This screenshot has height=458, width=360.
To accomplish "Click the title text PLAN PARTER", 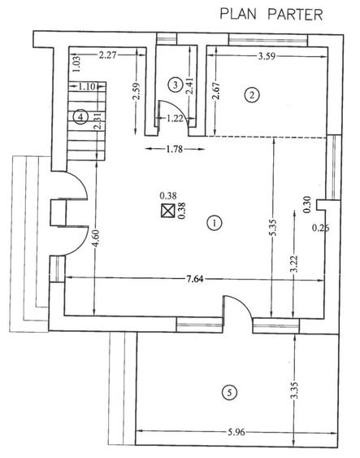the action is [x=271, y=15].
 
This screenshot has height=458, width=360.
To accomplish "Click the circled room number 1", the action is [x=215, y=223].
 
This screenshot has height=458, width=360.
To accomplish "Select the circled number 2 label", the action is [x=252, y=95].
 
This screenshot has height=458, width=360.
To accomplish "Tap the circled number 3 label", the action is [x=176, y=85].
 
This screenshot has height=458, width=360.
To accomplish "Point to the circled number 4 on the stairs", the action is [x=80, y=117].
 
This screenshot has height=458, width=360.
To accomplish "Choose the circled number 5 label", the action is [x=229, y=392].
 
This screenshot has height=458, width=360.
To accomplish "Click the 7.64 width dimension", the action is [x=195, y=279].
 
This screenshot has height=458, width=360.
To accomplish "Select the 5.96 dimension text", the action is [x=236, y=432].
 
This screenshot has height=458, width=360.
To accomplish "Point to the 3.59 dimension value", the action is [x=267, y=56].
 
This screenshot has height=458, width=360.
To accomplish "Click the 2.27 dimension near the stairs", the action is [x=107, y=55].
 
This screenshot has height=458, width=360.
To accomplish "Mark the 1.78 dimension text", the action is [x=174, y=149].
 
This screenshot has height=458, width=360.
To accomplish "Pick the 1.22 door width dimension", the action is [x=175, y=118].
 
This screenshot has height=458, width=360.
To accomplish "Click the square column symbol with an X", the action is [x=168, y=211].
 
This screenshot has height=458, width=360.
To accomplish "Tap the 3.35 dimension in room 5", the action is [x=295, y=390].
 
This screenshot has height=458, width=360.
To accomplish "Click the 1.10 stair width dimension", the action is [x=87, y=86].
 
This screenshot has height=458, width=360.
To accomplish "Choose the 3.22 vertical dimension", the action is [x=294, y=264].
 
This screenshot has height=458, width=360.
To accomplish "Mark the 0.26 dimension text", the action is [x=321, y=228].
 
